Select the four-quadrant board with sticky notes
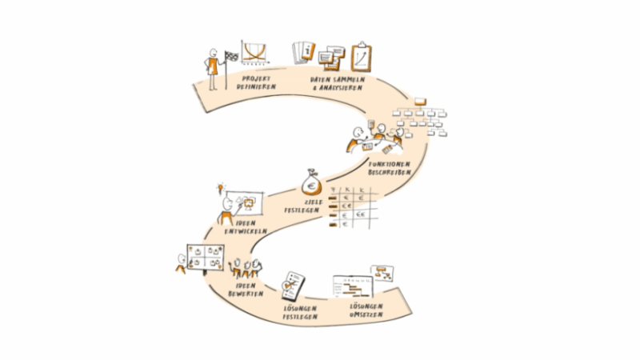(x=203, y=258)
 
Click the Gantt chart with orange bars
(x=351, y=288)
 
